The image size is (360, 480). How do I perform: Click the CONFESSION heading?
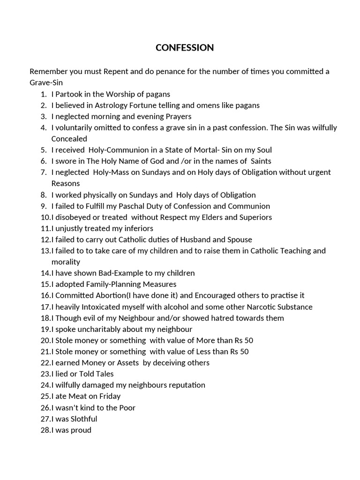tap(184, 48)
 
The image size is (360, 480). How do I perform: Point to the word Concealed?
tap(69, 139)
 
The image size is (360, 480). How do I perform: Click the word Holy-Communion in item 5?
tap(122, 150)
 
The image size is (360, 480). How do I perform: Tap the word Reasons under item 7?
tap(66, 183)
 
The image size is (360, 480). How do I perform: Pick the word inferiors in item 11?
tap(137, 228)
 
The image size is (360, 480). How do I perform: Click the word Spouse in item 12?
tap(240, 240)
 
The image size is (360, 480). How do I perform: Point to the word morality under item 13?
tap(66, 262)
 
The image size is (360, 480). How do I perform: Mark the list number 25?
tap(45, 396)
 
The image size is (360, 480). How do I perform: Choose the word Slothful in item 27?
tap(83, 419)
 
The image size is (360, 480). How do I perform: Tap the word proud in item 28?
tap(81, 430)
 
